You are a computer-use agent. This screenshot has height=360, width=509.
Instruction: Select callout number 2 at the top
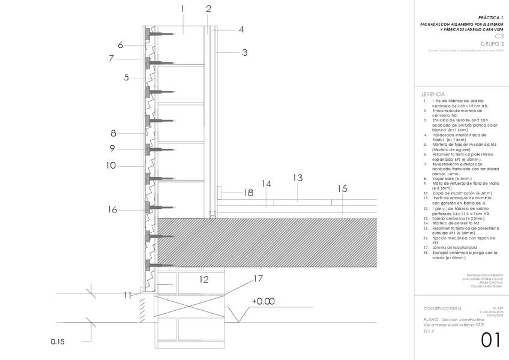pos(208,8)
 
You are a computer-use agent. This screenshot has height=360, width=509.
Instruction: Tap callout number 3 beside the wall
pos(244,52)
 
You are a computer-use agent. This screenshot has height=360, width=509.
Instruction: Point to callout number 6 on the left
pos(121,44)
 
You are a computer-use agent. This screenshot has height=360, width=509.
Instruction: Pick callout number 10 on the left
pos(111,165)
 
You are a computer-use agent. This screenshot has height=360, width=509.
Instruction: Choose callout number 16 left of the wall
pos(112,209)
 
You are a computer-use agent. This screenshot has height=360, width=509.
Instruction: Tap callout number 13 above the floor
pos(297,178)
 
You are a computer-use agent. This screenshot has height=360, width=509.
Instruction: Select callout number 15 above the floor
pos(342,188)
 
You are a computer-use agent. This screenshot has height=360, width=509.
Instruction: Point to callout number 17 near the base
pos(258,279)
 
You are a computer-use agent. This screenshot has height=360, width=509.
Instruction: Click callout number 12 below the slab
pos(204,279)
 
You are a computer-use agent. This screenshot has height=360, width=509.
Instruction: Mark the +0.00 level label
pos(263,301)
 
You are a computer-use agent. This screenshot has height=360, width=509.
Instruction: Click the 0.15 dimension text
pos(57,342)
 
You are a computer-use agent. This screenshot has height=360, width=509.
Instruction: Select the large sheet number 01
pos(490,340)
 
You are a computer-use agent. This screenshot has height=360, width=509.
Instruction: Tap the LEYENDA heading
pos(433,94)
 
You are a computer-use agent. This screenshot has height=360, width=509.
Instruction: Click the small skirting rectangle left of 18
pos(221,193)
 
